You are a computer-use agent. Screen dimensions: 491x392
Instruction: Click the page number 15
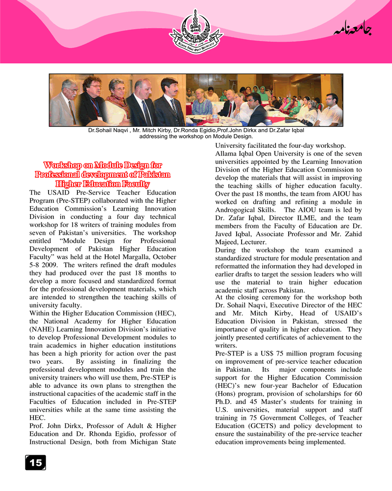click(x=35, y=462)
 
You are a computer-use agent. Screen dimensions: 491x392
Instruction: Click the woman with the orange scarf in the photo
click(x=116, y=101)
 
